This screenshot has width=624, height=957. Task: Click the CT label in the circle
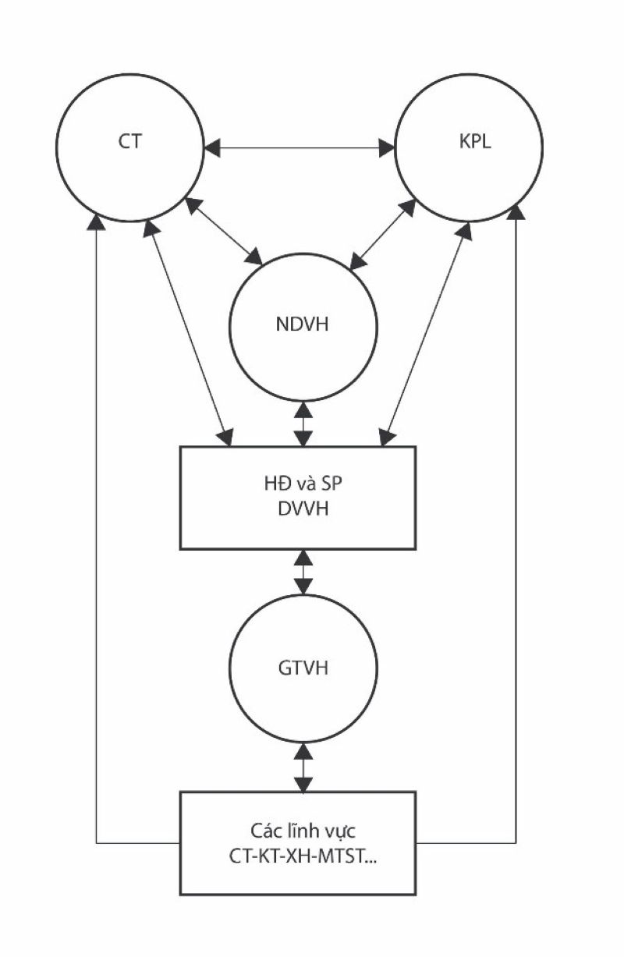pos(130,144)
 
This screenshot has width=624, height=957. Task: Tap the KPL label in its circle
pos(476,144)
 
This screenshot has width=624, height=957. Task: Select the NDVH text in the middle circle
pos(302,325)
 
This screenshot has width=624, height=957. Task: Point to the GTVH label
pos(302,668)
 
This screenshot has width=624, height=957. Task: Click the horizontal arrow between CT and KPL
pos(300,146)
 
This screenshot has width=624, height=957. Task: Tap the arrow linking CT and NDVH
pos(224,232)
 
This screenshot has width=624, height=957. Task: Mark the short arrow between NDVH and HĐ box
pos(303,422)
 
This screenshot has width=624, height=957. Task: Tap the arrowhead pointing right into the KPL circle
pos(388,146)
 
